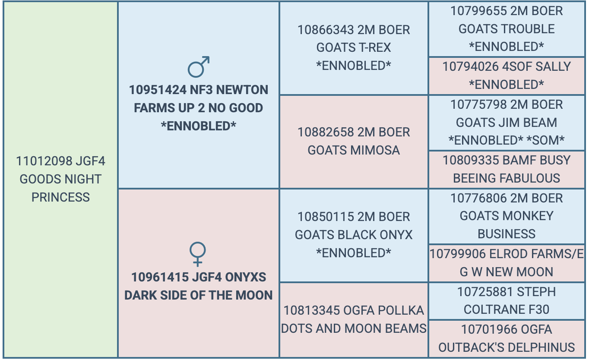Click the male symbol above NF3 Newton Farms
199,67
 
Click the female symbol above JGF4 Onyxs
197,254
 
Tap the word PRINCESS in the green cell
60,197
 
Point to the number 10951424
158,90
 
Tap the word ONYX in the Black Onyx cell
396,235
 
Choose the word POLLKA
402,311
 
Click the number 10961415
160,277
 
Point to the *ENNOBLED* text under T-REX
354,66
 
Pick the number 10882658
326,132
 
